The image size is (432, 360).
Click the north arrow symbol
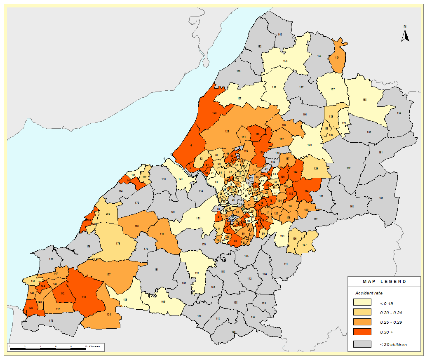click(x=405, y=35)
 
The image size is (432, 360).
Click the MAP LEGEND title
click(x=384, y=282)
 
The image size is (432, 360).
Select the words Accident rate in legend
click(x=369, y=293)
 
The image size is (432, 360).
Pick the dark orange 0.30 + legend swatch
click(x=363, y=332)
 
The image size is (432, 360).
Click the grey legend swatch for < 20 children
click(x=363, y=344)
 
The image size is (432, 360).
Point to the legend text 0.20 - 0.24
click(x=390, y=313)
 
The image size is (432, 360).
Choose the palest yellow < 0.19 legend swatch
click(x=363, y=303)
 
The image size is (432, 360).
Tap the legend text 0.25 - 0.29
click(x=390, y=322)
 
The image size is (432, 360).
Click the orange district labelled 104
click(x=338, y=58)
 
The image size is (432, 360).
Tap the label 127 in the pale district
click(x=239, y=98)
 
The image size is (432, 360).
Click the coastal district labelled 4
click(x=191, y=145)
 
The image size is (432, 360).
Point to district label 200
click(x=108, y=214)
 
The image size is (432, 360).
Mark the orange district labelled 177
click(x=108, y=274)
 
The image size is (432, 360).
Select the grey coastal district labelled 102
click(x=51, y=259)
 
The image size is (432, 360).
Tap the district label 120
click(x=109, y=315)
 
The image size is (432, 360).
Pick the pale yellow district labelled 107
click(x=332, y=90)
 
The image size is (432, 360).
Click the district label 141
click(x=181, y=179)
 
